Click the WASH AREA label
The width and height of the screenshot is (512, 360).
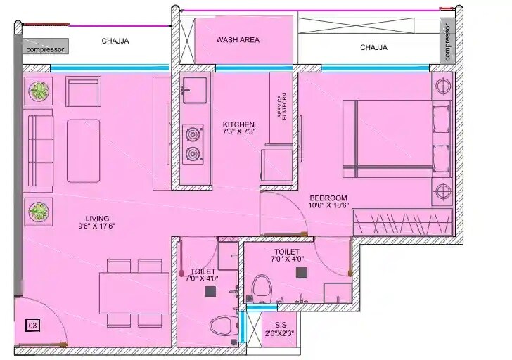[238, 40]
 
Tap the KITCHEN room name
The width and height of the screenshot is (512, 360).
[238, 124]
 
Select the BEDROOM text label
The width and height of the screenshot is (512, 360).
[329, 198]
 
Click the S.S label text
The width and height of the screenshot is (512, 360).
[280, 324]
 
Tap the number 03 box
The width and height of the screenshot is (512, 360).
[32, 326]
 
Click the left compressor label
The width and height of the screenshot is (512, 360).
[45, 49]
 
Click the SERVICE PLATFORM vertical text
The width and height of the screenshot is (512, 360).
[281, 106]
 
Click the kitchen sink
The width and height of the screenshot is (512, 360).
[192, 89]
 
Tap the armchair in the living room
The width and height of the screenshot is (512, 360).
[84, 91]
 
